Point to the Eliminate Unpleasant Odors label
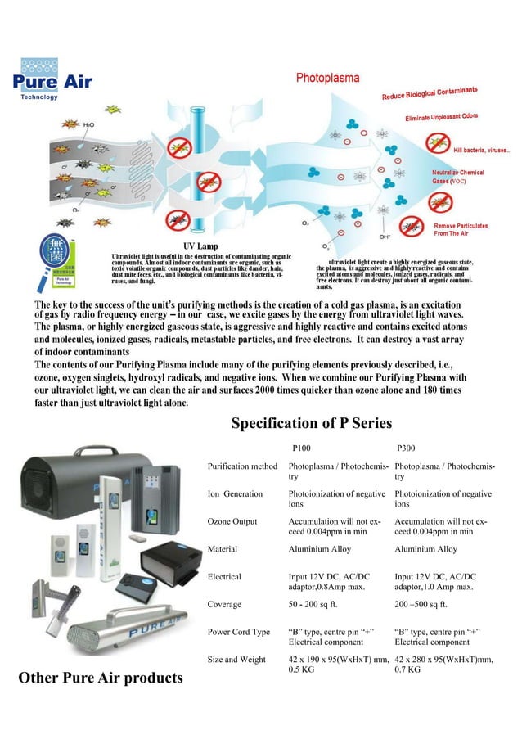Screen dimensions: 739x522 pos(442,118)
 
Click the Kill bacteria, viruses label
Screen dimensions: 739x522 pos(482,151)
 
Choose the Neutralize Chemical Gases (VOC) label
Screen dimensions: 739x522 pos(458,177)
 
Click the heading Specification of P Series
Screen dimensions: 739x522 pos(312,423)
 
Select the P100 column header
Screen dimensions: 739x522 pos(301,448)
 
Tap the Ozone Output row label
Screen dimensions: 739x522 pos(232,521)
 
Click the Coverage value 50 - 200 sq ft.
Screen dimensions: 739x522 pos(317,604)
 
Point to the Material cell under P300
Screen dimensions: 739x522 pos(425,549)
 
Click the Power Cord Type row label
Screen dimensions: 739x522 pos(239,632)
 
